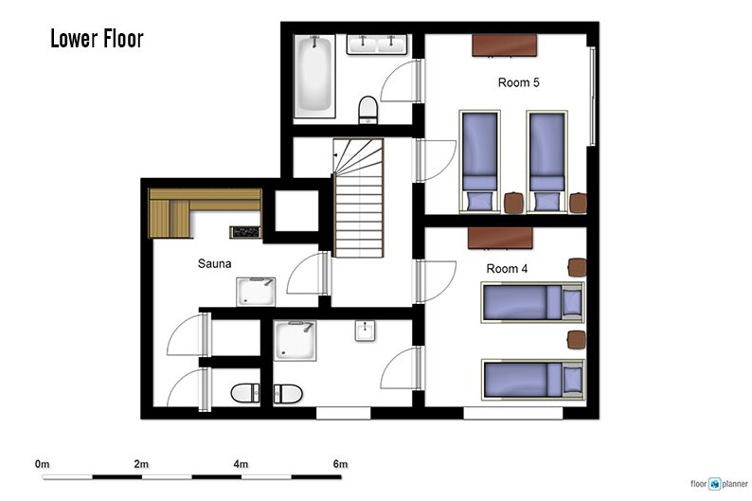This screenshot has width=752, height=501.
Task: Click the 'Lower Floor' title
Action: (x=97, y=39)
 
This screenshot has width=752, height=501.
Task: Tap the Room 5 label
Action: (x=518, y=82)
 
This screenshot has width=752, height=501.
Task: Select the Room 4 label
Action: (x=507, y=268)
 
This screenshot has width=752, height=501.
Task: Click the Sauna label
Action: (x=214, y=263)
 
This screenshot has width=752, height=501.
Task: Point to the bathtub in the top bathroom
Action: (x=314, y=76)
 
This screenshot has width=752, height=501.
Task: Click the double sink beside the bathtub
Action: (x=377, y=45)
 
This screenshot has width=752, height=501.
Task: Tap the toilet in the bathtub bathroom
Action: (x=367, y=110)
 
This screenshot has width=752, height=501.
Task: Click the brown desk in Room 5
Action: (x=504, y=45)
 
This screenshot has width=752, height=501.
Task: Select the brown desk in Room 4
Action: (x=500, y=238)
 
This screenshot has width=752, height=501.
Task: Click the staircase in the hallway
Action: (x=359, y=198)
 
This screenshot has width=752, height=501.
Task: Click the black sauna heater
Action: (x=245, y=232)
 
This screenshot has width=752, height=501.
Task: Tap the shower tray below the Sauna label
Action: (x=256, y=292)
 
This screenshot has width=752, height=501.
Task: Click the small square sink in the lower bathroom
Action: (x=365, y=331)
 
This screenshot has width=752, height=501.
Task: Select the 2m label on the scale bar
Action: (x=141, y=464)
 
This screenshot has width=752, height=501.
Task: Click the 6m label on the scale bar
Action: (x=341, y=464)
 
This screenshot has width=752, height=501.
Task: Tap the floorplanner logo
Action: (x=720, y=484)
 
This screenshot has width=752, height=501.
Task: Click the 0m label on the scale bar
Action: (x=43, y=464)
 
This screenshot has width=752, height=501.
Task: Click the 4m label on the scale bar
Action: (x=241, y=464)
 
